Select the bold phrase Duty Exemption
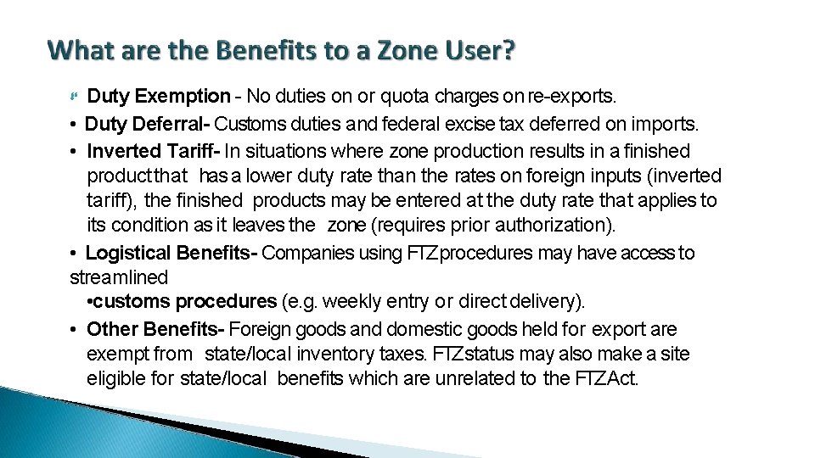159,97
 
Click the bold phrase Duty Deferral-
148,125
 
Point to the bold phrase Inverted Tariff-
154,152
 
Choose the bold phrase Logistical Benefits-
172,253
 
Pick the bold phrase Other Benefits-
156,329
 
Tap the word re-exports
573,97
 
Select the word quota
386,97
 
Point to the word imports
664,125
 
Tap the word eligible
117,378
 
